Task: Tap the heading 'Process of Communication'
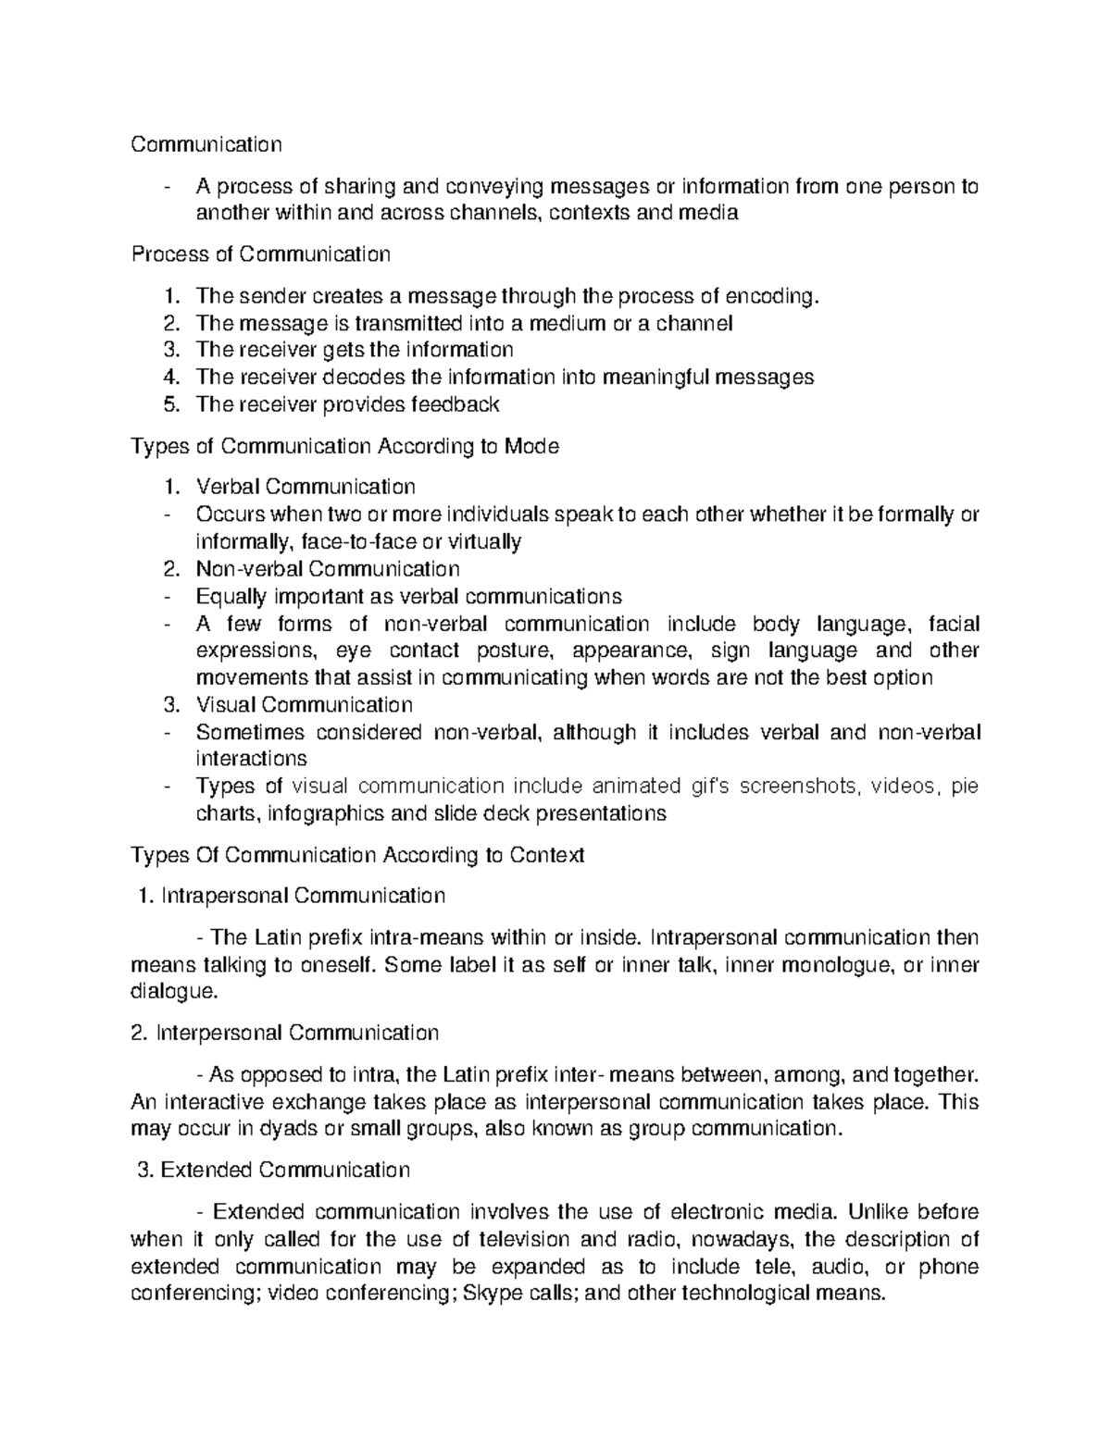tap(261, 254)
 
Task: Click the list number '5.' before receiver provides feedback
tap(169, 403)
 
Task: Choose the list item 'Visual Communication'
tap(304, 704)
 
